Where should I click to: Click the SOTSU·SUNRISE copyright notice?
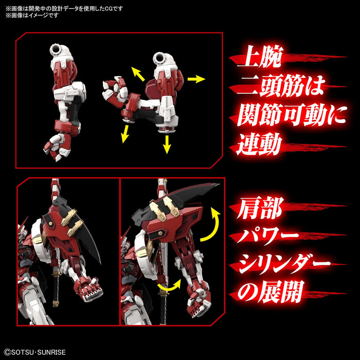click(36, 353)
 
